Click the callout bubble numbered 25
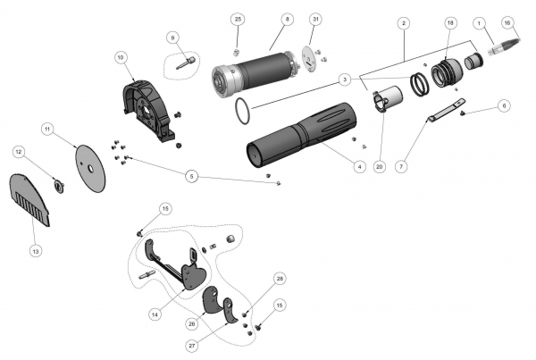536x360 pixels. pos(237,19)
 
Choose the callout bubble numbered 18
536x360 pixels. pos(449,21)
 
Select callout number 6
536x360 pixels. pos(505,105)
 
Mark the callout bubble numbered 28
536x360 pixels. pos(280,280)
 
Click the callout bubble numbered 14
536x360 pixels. pos(155,314)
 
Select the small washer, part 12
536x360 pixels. pos(60,185)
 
